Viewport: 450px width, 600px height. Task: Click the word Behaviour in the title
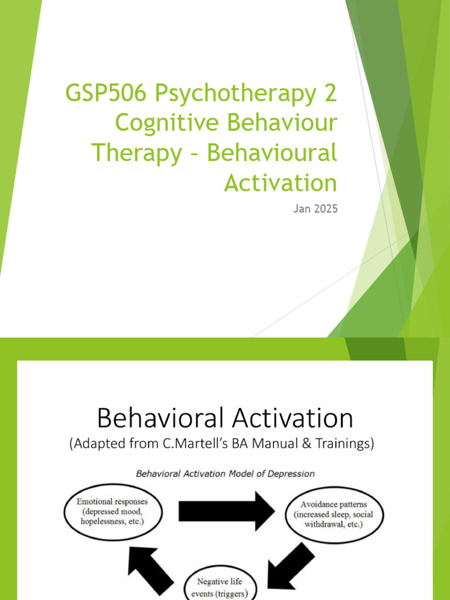278,124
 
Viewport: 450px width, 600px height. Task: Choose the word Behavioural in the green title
272,154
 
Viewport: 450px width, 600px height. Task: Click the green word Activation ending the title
280,183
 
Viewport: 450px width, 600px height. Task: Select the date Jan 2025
315,208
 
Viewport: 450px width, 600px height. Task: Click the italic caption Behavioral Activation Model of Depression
226,473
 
